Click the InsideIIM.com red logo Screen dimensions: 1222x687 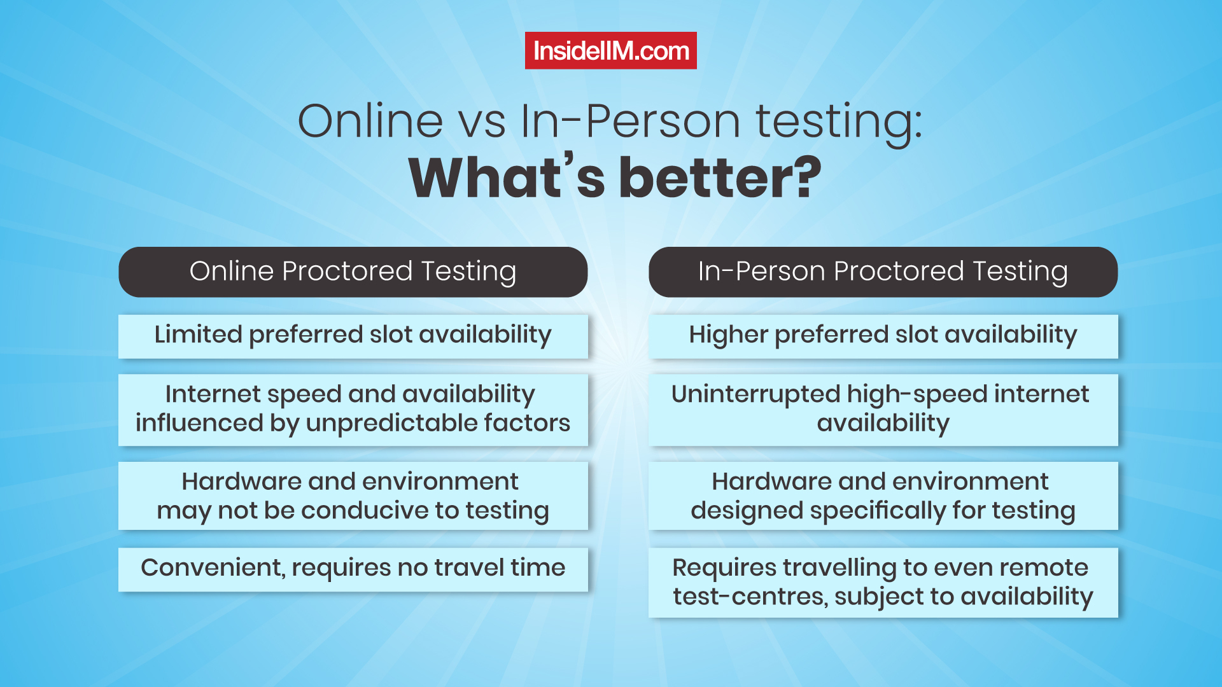pos(610,50)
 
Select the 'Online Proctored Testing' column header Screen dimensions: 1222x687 pos(353,272)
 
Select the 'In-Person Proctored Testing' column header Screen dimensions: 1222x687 pos(883,272)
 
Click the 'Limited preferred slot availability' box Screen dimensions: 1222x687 pos(353,336)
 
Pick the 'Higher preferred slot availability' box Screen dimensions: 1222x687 pos(883,336)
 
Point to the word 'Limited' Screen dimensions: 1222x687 pos(199,334)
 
